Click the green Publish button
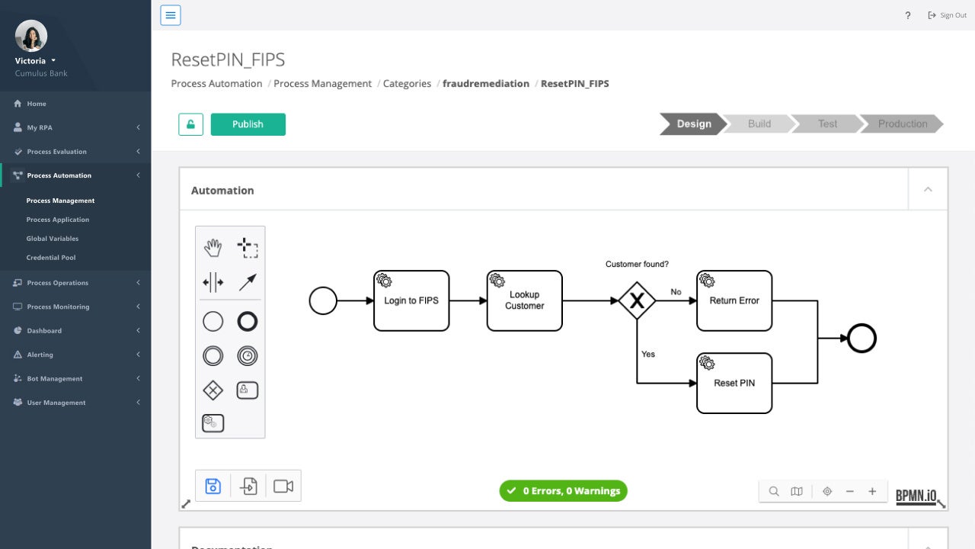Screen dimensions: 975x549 click(x=248, y=124)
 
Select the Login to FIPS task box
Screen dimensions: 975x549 click(x=411, y=300)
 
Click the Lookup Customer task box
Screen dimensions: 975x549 click(x=524, y=300)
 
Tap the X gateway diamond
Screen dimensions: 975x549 click(x=637, y=301)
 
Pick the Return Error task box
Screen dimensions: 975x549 click(x=734, y=300)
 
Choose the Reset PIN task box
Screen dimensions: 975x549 click(x=734, y=383)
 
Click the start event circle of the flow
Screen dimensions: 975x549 click(x=323, y=300)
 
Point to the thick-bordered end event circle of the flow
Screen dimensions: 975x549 click(x=862, y=339)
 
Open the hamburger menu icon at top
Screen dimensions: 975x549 click(x=171, y=15)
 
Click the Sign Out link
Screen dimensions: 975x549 click(x=948, y=15)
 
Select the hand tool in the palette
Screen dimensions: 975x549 click(x=213, y=247)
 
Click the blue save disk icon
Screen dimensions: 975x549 click(x=213, y=486)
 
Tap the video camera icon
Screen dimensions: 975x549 click(x=283, y=486)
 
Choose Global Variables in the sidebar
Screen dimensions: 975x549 click(x=53, y=239)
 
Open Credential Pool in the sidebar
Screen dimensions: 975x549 click(x=51, y=258)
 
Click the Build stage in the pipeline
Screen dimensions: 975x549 click(x=759, y=124)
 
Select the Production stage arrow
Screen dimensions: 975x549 click(x=902, y=124)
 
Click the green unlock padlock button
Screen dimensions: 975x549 click(x=190, y=124)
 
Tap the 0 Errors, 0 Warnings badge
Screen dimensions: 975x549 click(x=563, y=491)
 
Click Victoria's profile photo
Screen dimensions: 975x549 click(x=31, y=36)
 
